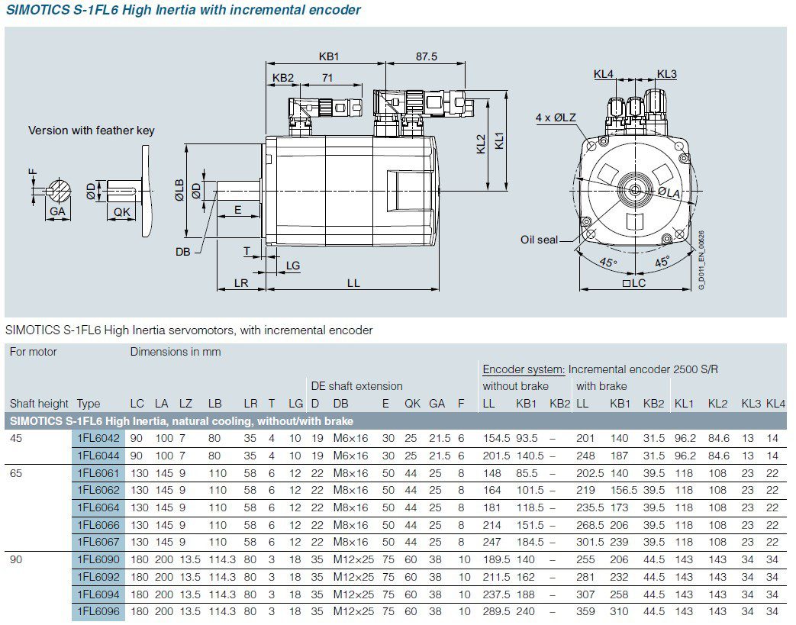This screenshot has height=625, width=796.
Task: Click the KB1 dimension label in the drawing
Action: coord(329,56)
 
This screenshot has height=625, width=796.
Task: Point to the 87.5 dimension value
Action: coord(427,56)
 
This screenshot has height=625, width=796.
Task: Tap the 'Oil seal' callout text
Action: coord(540,240)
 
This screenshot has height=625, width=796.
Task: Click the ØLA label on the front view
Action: coord(669,193)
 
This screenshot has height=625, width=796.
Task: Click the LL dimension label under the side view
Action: coord(353,283)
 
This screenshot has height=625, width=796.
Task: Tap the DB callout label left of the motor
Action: coord(183,252)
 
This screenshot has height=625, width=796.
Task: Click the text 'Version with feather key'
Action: coord(92,130)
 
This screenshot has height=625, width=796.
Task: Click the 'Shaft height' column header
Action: coord(39,404)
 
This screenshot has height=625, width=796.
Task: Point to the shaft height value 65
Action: coord(16,473)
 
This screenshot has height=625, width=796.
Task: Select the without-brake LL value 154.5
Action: coord(496,438)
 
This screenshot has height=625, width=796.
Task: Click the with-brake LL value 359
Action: coord(585,611)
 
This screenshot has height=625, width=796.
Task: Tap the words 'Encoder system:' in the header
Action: coord(524,369)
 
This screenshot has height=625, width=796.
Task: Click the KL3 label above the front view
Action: coord(666,74)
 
